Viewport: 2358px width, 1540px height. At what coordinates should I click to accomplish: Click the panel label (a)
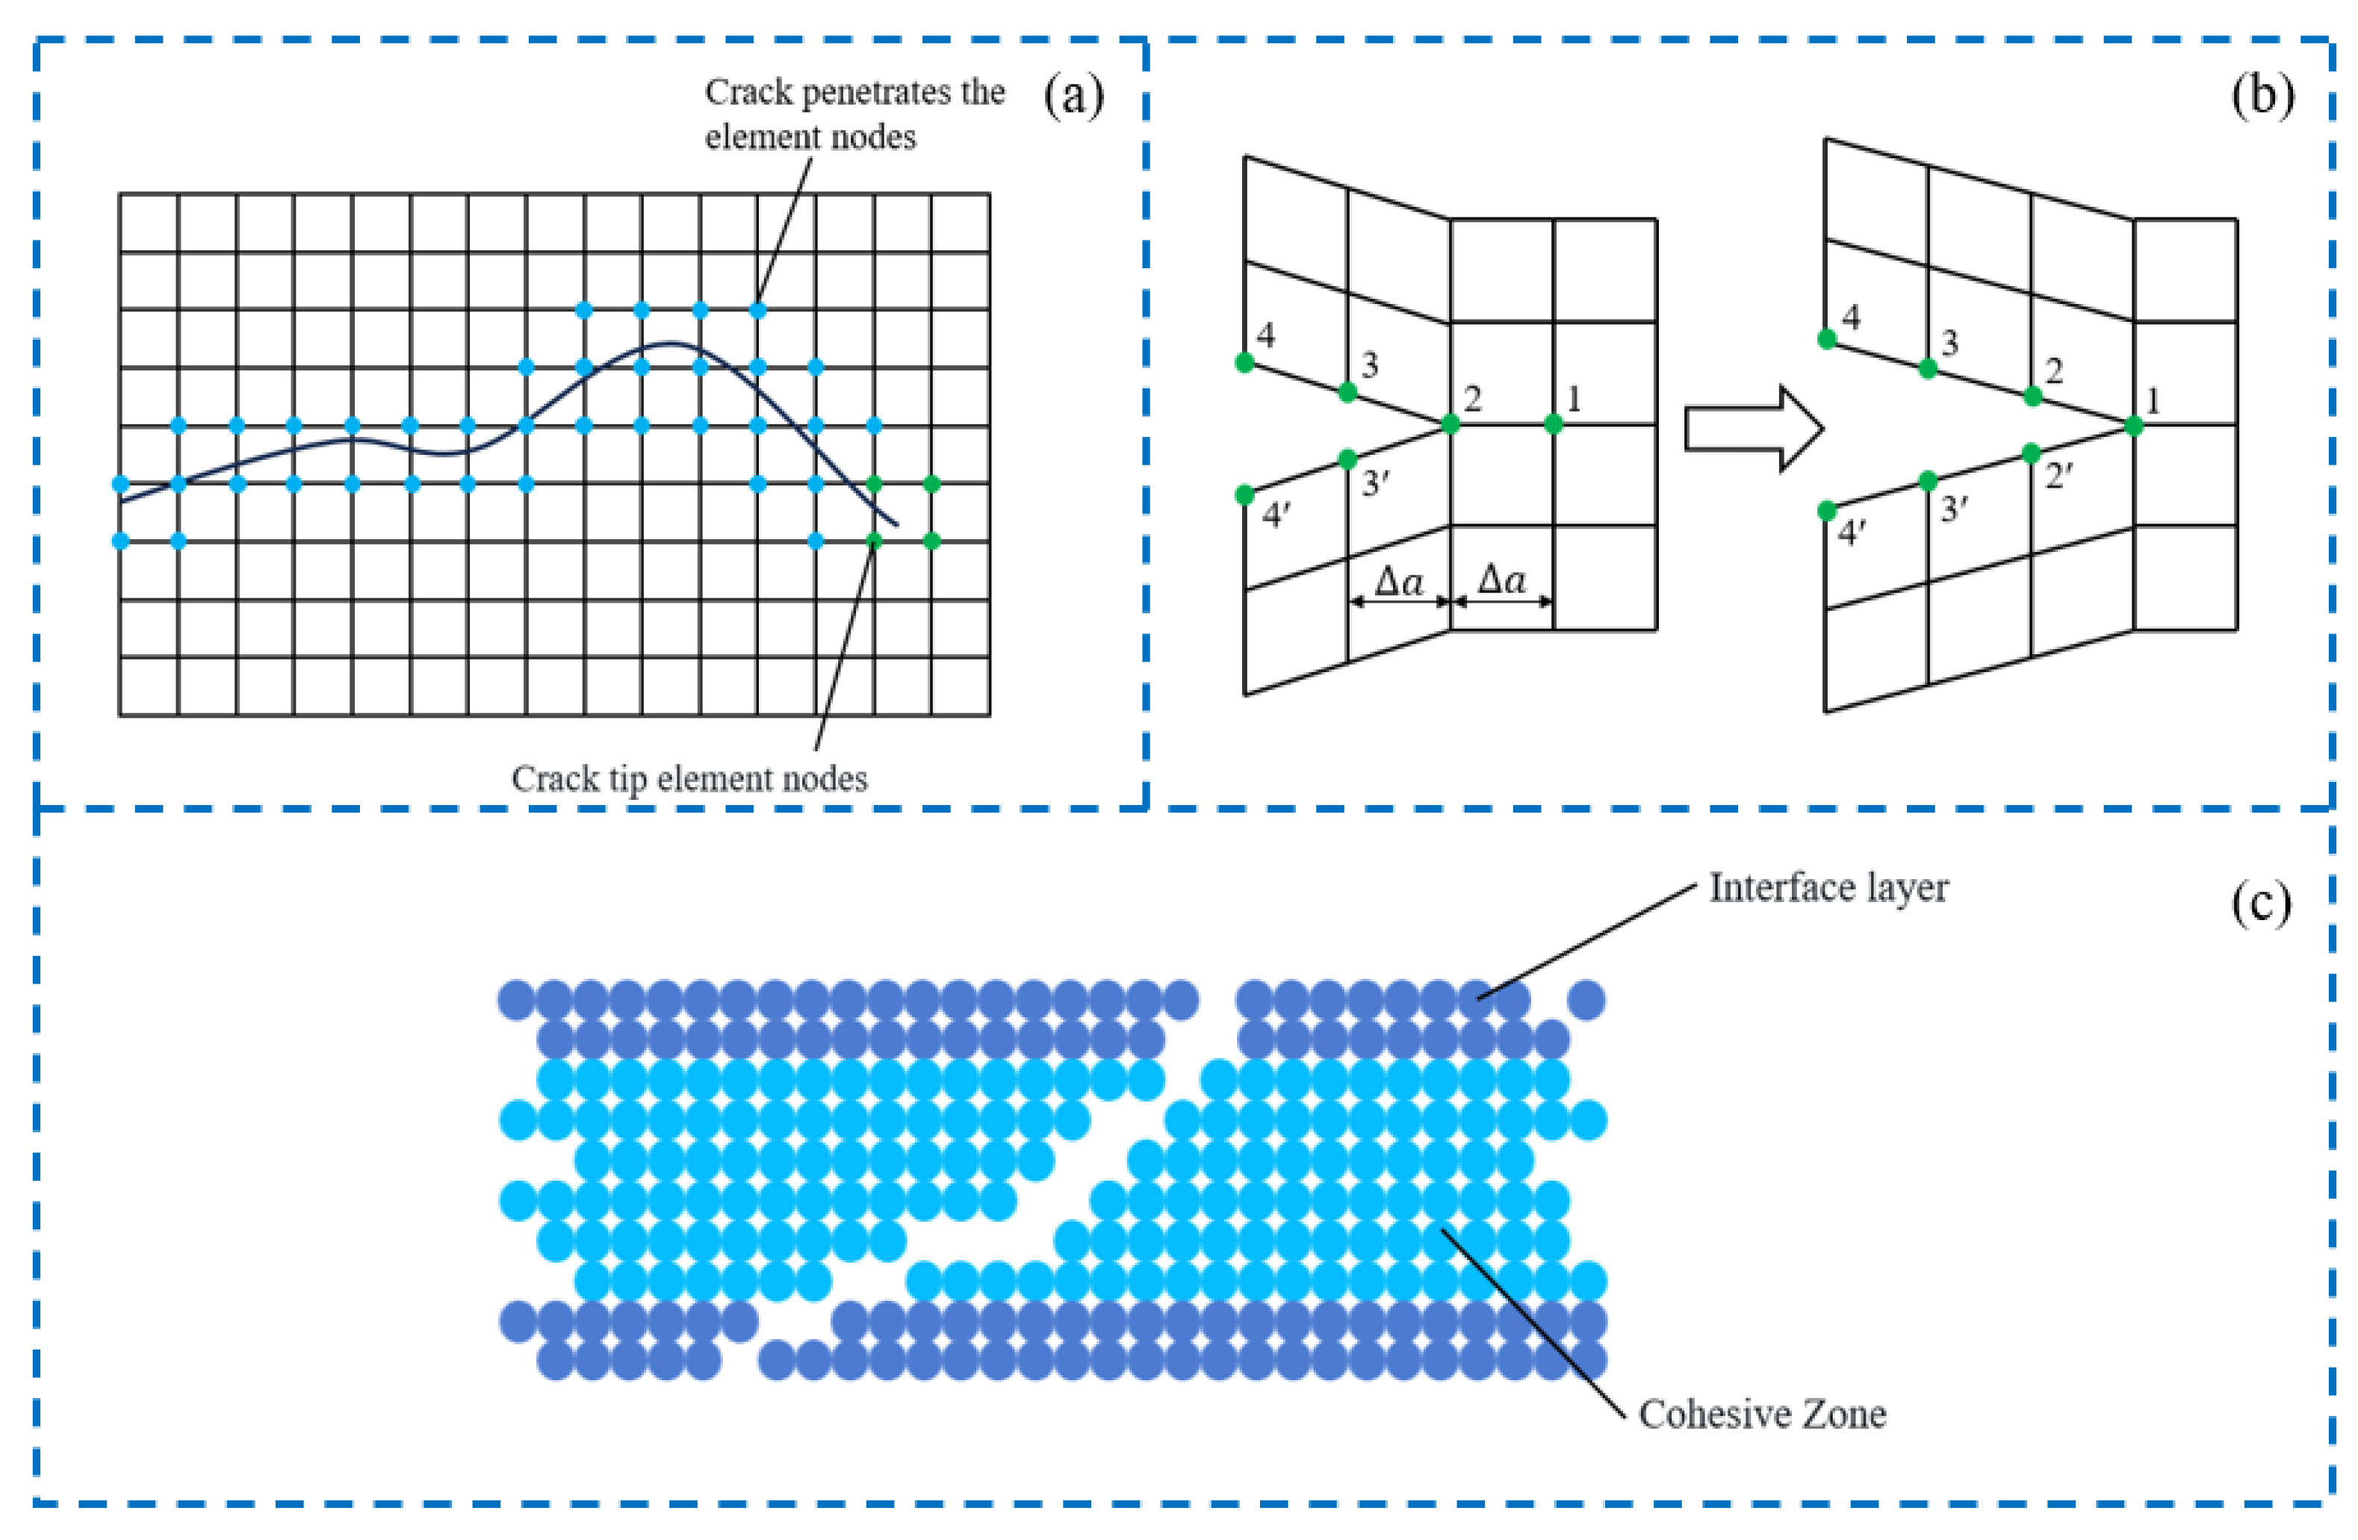(x=1073, y=97)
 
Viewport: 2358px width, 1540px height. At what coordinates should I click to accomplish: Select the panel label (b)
(x=2262, y=97)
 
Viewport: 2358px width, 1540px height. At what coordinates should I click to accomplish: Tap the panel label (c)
(x=2261, y=903)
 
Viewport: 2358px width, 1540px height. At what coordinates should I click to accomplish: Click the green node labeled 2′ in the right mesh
(x=2031, y=453)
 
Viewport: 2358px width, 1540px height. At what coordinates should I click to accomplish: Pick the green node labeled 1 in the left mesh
(x=1553, y=424)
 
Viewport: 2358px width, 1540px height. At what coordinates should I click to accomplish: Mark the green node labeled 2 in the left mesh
(x=1451, y=424)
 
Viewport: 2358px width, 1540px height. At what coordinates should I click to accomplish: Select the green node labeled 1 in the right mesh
(x=2134, y=426)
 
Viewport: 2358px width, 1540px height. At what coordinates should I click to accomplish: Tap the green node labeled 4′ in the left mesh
(x=1245, y=495)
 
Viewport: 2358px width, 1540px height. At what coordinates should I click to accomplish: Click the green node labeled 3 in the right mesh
(x=1928, y=368)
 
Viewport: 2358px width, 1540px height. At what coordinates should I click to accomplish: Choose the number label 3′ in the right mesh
(x=1954, y=510)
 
